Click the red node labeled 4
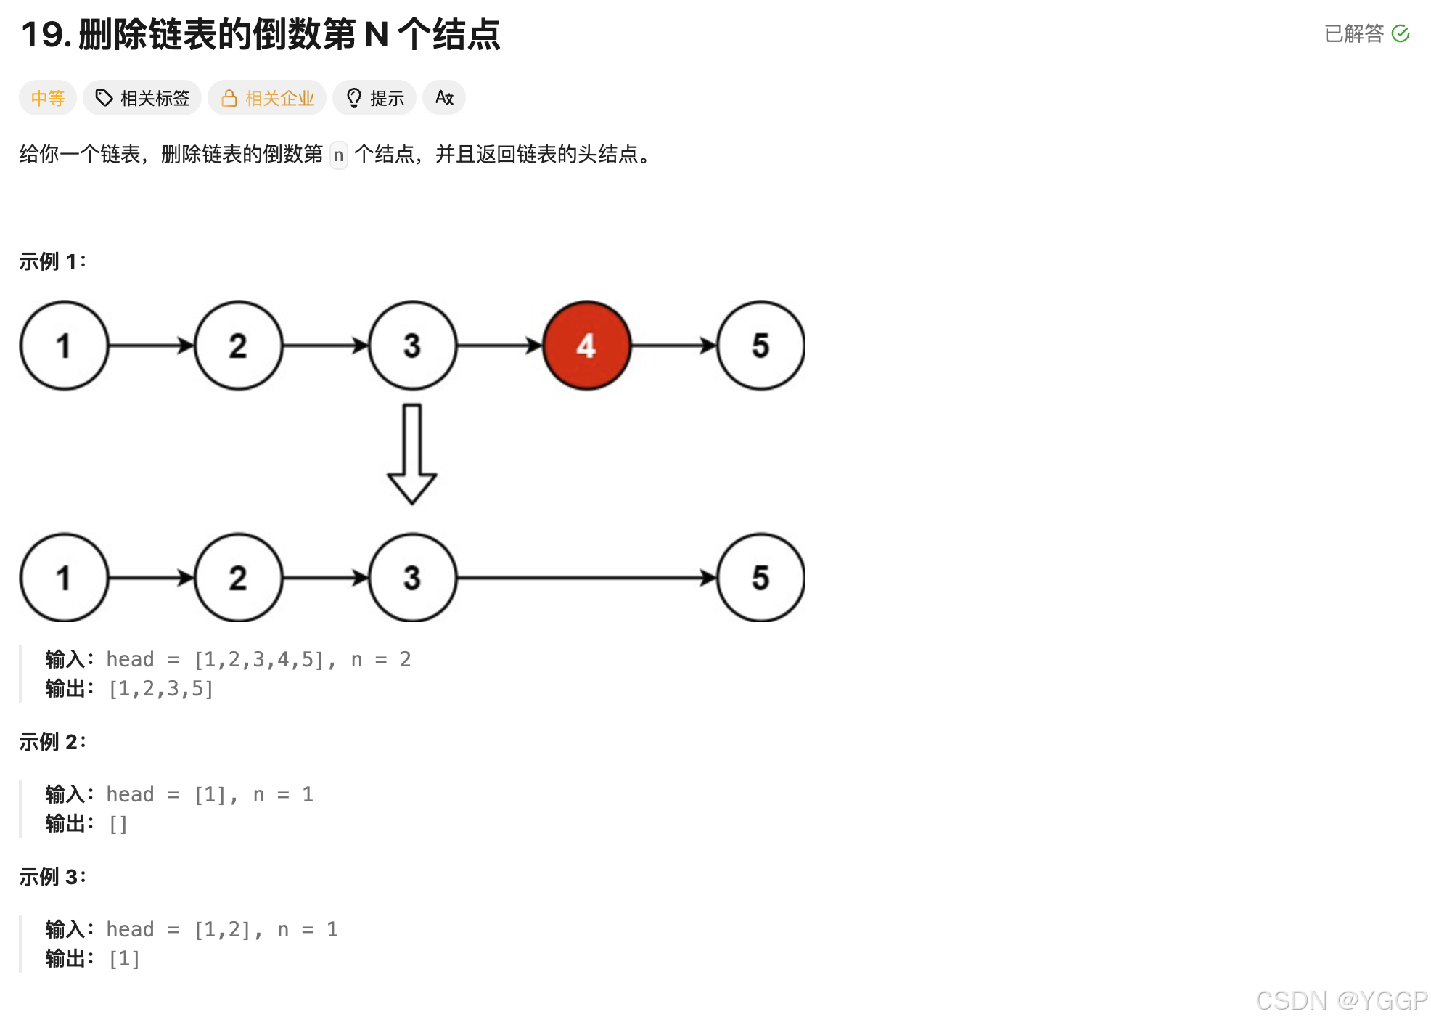(586, 346)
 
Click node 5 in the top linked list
(760, 346)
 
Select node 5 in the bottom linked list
(760, 578)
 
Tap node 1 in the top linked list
(64, 346)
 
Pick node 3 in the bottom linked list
(412, 578)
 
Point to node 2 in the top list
(238, 346)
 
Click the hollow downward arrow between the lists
(412, 454)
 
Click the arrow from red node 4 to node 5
(673, 346)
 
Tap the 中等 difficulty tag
(48, 98)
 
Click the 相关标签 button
(142, 98)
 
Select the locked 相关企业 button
(267, 98)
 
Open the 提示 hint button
(374, 98)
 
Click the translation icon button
(444, 98)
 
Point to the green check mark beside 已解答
(1401, 33)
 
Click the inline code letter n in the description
(339, 155)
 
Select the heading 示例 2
(52, 742)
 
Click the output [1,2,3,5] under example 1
(160, 689)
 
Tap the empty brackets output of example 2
(118, 824)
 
